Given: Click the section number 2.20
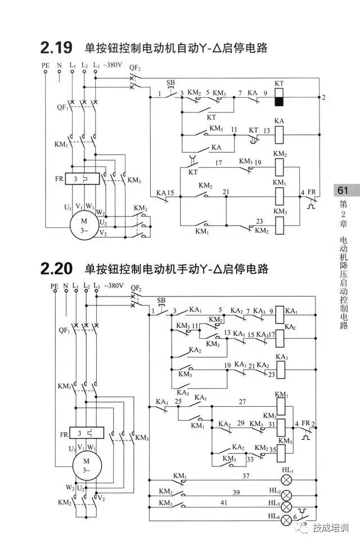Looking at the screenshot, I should [x=57, y=268].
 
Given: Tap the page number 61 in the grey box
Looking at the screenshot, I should [x=343, y=190].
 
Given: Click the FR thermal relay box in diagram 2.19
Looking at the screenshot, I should [x=83, y=178].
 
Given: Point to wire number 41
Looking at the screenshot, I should [x=224, y=502].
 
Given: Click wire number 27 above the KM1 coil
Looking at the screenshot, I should [x=242, y=402].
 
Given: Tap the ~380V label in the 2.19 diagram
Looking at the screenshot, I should [x=112, y=65].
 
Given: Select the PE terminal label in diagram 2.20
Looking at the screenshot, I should [x=55, y=286].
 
